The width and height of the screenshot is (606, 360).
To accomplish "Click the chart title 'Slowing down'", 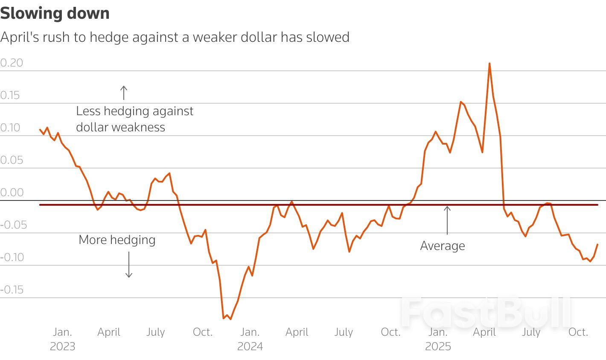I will pyautogui.click(x=55, y=13).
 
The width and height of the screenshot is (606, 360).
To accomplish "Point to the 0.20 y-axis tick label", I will pyautogui.click(x=12, y=63).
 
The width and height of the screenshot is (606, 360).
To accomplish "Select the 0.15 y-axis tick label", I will pyautogui.click(x=10, y=95).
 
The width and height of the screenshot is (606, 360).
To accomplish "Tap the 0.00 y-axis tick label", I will pyautogui.click(x=12, y=192).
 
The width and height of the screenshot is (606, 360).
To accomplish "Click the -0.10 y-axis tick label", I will pyautogui.click(x=12, y=257).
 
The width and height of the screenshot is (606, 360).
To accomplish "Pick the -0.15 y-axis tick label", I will pyautogui.click(x=12, y=290).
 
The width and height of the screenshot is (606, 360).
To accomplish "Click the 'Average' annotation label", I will pyautogui.click(x=443, y=246).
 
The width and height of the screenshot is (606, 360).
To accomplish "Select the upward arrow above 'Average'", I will pyautogui.click(x=447, y=220).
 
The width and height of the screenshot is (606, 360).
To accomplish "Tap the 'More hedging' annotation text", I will pyautogui.click(x=117, y=240).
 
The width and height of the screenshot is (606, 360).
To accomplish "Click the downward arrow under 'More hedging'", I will pyautogui.click(x=129, y=264).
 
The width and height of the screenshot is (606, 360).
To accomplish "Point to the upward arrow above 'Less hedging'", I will pyautogui.click(x=124, y=93).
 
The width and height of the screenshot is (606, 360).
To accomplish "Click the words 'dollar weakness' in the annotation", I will pyautogui.click(x=120, y=127).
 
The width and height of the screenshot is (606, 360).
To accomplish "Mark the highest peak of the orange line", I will pyautogui.click(x=489, y=64).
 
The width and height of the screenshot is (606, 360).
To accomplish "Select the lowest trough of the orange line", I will pyautogui.click(x=230, y=319).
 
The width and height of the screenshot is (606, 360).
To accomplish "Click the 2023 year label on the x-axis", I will pyautogui.click(x=62, y=346).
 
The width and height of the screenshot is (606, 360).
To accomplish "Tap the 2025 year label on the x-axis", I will pyautogui.click(x=438, y=346).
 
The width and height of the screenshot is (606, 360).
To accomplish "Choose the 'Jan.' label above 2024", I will pyautogui.click(x=250, y=332).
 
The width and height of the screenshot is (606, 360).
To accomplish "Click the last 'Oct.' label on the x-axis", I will pyautogui.click(x=578, y=332).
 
